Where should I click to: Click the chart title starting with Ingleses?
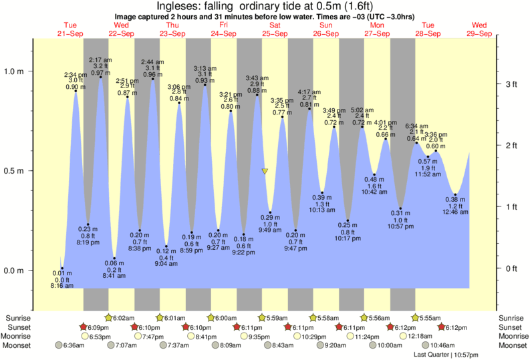265,6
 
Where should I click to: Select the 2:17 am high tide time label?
100,60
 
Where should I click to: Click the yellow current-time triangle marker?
265,172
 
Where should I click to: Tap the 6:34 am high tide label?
416,126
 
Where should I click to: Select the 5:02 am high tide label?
362,110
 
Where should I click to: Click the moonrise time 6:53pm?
99,337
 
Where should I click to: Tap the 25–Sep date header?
273,33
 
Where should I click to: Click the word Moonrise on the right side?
511,337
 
